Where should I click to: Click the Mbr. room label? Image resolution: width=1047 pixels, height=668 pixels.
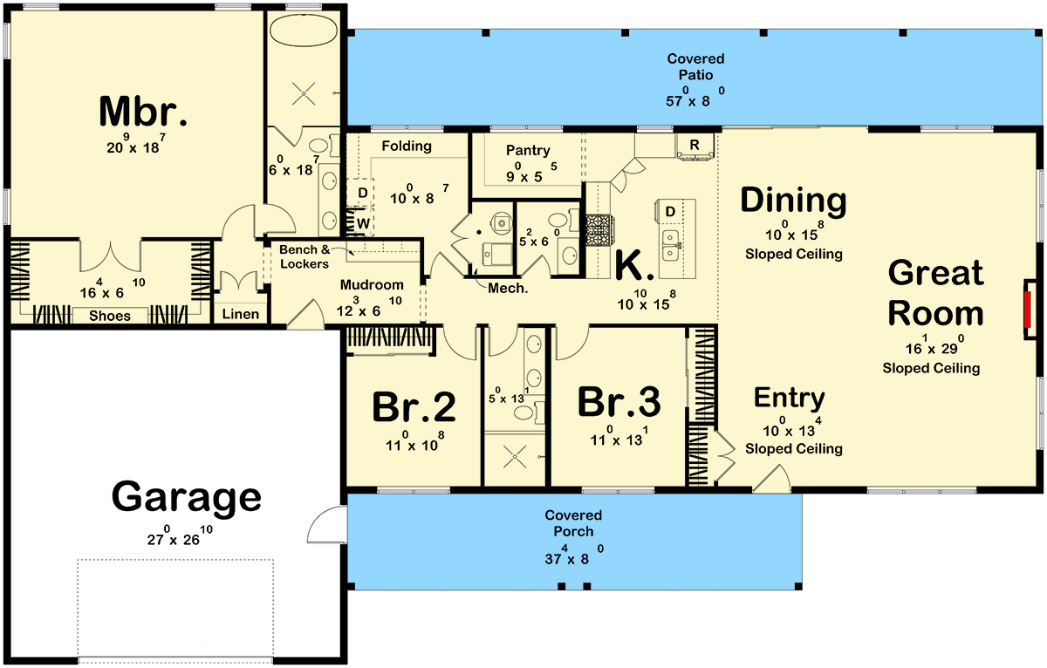pyautogui.click(x=143, y=112)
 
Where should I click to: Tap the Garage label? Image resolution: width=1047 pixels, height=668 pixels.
pyautogui.click(x=186, y=497)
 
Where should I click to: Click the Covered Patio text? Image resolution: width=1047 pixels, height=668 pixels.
pyautogui.click(x=695, y=67)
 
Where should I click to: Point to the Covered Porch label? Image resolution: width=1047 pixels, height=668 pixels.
pyautogui.click(x=573, y=523)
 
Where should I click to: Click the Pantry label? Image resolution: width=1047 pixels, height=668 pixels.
pyautogui.click(x=528, y=150)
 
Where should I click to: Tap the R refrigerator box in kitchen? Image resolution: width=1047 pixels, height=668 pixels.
pyautogui.click(x=695, y=144)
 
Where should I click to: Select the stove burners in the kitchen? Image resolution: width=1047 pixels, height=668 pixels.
pyautogui.click(x=599, y=230)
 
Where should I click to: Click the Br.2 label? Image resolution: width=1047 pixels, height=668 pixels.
pyautogui.click(x=414, y=406)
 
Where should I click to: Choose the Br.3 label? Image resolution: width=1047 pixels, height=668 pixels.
pyautogui.click(x=619, y=403)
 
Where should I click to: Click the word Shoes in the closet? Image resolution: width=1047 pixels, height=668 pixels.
pyautogui.click(x=110, y=316)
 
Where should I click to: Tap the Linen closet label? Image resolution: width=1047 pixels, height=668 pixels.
pyautogui.click(x=240, y=314)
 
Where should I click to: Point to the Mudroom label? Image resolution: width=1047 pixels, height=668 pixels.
pyautogui.click(x=372, y=284)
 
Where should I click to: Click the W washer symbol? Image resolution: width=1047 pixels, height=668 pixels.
pyautogui.click(x=362, y=223)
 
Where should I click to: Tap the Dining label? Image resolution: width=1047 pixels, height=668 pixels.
pyautogui.click(x=793, y=201)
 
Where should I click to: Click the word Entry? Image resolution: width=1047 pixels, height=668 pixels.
pyautogui.click(x=790, y=399)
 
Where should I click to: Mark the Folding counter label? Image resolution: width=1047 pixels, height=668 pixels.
pyautogui.click(x=407, y=146)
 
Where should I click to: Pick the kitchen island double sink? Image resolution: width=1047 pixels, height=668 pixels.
pyautogui.click(x=671, y=245)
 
